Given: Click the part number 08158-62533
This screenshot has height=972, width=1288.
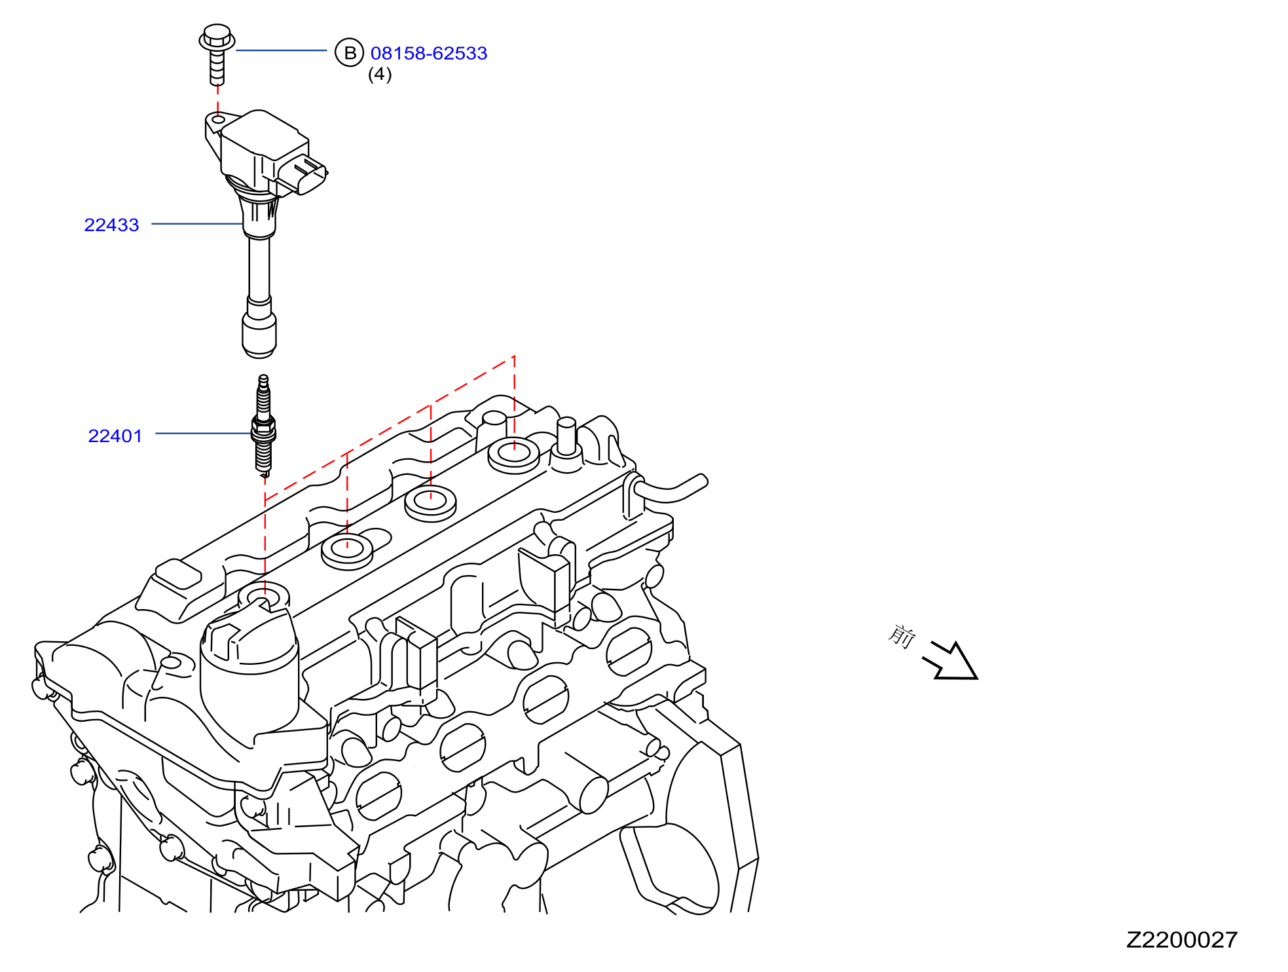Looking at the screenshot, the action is [x=429, y=53].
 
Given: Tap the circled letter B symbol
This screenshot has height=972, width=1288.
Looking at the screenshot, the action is [x=350, y=52].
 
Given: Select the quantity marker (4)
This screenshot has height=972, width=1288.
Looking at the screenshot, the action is [x=380, y=74].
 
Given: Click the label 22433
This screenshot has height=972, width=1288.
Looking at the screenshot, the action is [x=112, y=225].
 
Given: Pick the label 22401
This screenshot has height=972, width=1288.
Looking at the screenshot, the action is [x=115, y=436].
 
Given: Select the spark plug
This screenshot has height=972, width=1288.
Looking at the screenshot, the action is [x=263, y=425].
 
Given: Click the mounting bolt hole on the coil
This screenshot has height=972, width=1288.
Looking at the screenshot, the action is [x=218, y=119].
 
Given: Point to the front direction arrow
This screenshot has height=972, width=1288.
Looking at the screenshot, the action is [x=951, y=661].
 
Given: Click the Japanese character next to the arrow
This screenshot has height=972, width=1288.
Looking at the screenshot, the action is [x=902, y=635].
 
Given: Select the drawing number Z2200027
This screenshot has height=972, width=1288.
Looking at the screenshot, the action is [x=1182, y=940].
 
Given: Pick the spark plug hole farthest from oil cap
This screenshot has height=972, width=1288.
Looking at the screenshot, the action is [x=514, y=455].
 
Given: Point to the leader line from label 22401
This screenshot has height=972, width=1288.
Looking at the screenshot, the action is [x=204, y=433].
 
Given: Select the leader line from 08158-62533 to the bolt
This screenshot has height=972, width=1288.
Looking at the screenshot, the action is [x=281, y=50].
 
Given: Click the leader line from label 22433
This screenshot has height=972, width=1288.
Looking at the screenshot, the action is [x=198, y=224].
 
